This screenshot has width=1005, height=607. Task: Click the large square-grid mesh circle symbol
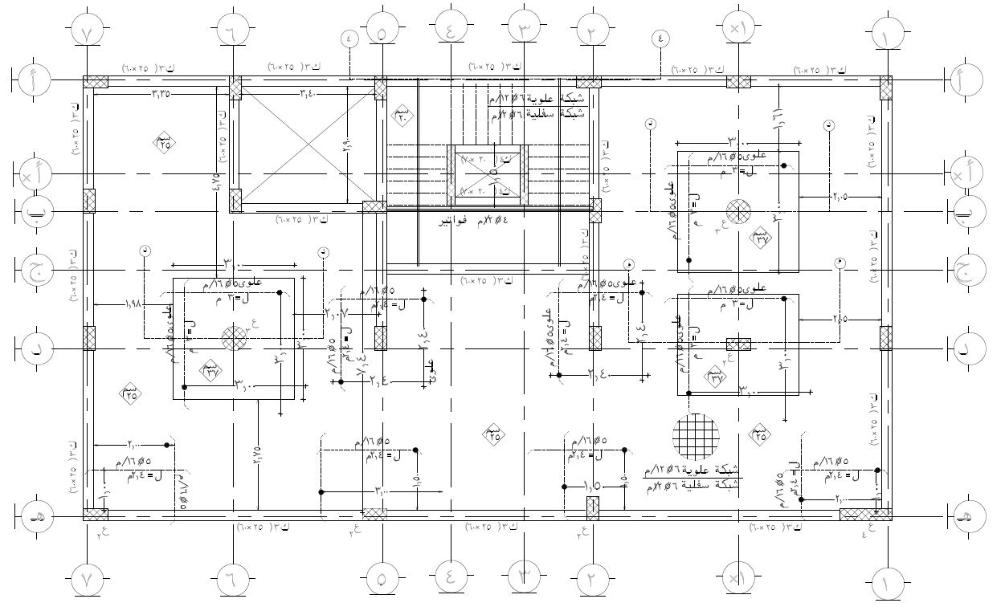click(x=695, y=436)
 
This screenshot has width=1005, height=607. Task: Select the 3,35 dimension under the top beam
click(x=162, y=94)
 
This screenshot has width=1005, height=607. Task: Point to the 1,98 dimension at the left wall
click(x=134, y=303)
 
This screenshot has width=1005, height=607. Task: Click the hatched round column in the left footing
click(x=234, y=338)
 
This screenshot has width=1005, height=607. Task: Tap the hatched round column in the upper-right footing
click(x=737, y=212)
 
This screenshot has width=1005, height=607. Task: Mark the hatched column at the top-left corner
click(x=96, y=83)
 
